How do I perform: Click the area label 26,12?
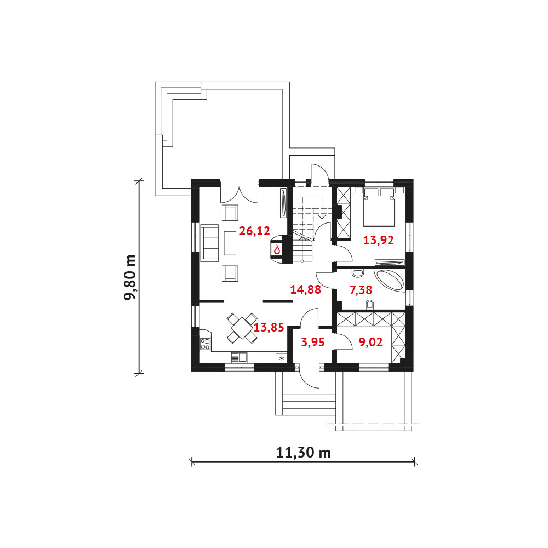pyautogui.click(x=254, y=231)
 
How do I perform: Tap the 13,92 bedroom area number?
pyautogui.click(x=378, y=241)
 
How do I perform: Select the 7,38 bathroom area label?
pyautogui.click(x=361, y=290)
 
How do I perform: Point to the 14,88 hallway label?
pyautogui.click(x=305, y=289)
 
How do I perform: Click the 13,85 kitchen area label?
pyautogui.click(x=269, y=328)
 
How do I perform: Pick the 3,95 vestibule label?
pyautogui.click(x=313, y=342)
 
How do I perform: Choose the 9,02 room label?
pyautogui.click(x=370, y=342)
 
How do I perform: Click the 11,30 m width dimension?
pyautogui.click(x=304, y=453)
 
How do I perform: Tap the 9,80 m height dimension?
pyautogui.click(x=130, y=277)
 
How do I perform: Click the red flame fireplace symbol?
pyautogui.click(x=277, y=249)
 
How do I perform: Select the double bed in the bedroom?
pyautogui.click(x=379, y=207)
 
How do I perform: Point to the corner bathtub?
pyautogui.click(x=390, y=280)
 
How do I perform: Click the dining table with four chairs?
pyautogui.click(x=242, y=328)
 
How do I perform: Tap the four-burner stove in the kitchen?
pyautogui.click(x=205, y=344)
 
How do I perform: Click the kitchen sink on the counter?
pyautogui.click(x=239, y=357)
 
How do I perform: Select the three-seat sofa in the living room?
pyautogui.click(x=209, y=243)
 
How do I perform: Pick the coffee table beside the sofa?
pyautogui.click(x=230, y=243)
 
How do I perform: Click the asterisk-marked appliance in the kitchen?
pyautogui.click(x=281, y=358)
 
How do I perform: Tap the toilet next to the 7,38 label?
pyautogui.click(x=369, y=305)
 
